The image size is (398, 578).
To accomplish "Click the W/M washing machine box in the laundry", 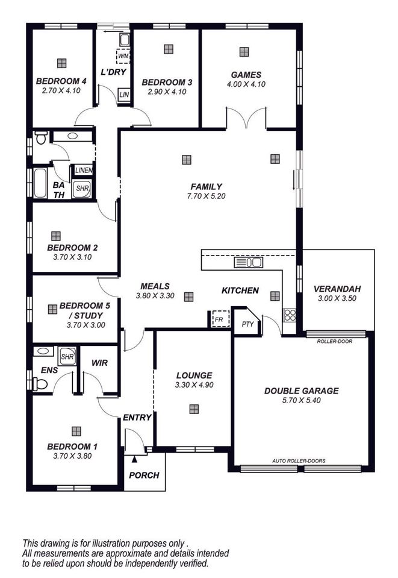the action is (x=123, y=57).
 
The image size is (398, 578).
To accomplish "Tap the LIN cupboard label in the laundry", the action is (x=124, y=95).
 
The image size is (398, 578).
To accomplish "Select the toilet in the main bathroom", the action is (x=40, y=137).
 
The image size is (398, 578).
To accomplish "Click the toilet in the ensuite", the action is (x=40, y=385).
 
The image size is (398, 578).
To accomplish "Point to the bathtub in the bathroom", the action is (x=40, y=183).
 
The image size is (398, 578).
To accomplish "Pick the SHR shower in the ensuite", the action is (x=67, y=356).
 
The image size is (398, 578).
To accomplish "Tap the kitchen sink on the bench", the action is (x=249, y=262).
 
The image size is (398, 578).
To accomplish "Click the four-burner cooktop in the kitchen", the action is (x=290, y=315).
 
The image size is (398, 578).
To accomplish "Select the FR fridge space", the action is (x=220, y=319).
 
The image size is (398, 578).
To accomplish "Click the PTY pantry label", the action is (x=248, y=324).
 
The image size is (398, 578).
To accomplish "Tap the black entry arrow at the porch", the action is (x=135, y=459).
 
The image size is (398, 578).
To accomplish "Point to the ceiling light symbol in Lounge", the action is (x=194, y=409).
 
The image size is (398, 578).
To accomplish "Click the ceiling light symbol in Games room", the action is (x=244, y=52).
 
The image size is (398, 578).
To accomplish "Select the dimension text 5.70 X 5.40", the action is (x=302, y=400).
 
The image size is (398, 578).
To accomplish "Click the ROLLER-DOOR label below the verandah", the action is (x=335, y=342).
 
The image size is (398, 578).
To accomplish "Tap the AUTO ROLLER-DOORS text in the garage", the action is (x=299, y=461).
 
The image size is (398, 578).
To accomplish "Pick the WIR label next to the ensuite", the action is (x=100, y=363).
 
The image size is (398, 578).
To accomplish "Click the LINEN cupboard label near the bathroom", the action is (x=84, y=171).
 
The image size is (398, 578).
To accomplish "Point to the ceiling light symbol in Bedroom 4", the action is (x=62, y=63).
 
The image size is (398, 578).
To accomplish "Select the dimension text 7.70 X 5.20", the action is (x=206, y=196).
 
